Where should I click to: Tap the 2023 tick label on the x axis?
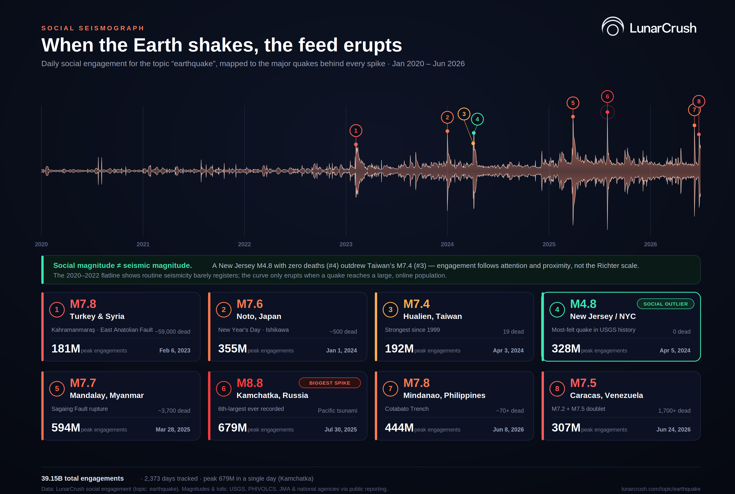tap(346, 244)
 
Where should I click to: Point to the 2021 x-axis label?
tap(143, 244)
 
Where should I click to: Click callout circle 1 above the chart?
tap(356, 131)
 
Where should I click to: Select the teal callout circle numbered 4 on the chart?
tap(477, 119)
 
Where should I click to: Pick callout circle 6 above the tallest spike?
tap(608, 97)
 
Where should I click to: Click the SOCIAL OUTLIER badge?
tap(665, 304)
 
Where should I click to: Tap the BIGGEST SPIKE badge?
tap(330, 383)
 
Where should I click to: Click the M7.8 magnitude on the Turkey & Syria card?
tap(83, 304)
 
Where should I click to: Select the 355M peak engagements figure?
tap(232, 349)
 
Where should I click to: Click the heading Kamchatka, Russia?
tap(272, 395)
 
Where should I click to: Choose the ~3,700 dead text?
tap(174, 411)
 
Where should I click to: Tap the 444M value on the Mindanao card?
tap(399, 428)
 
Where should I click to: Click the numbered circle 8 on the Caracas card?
tap(557, 389)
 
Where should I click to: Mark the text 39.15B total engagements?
tap(82, 478)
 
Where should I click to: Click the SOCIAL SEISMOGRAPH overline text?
tap(93, 28)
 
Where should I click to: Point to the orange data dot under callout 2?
tap(447, 131)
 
